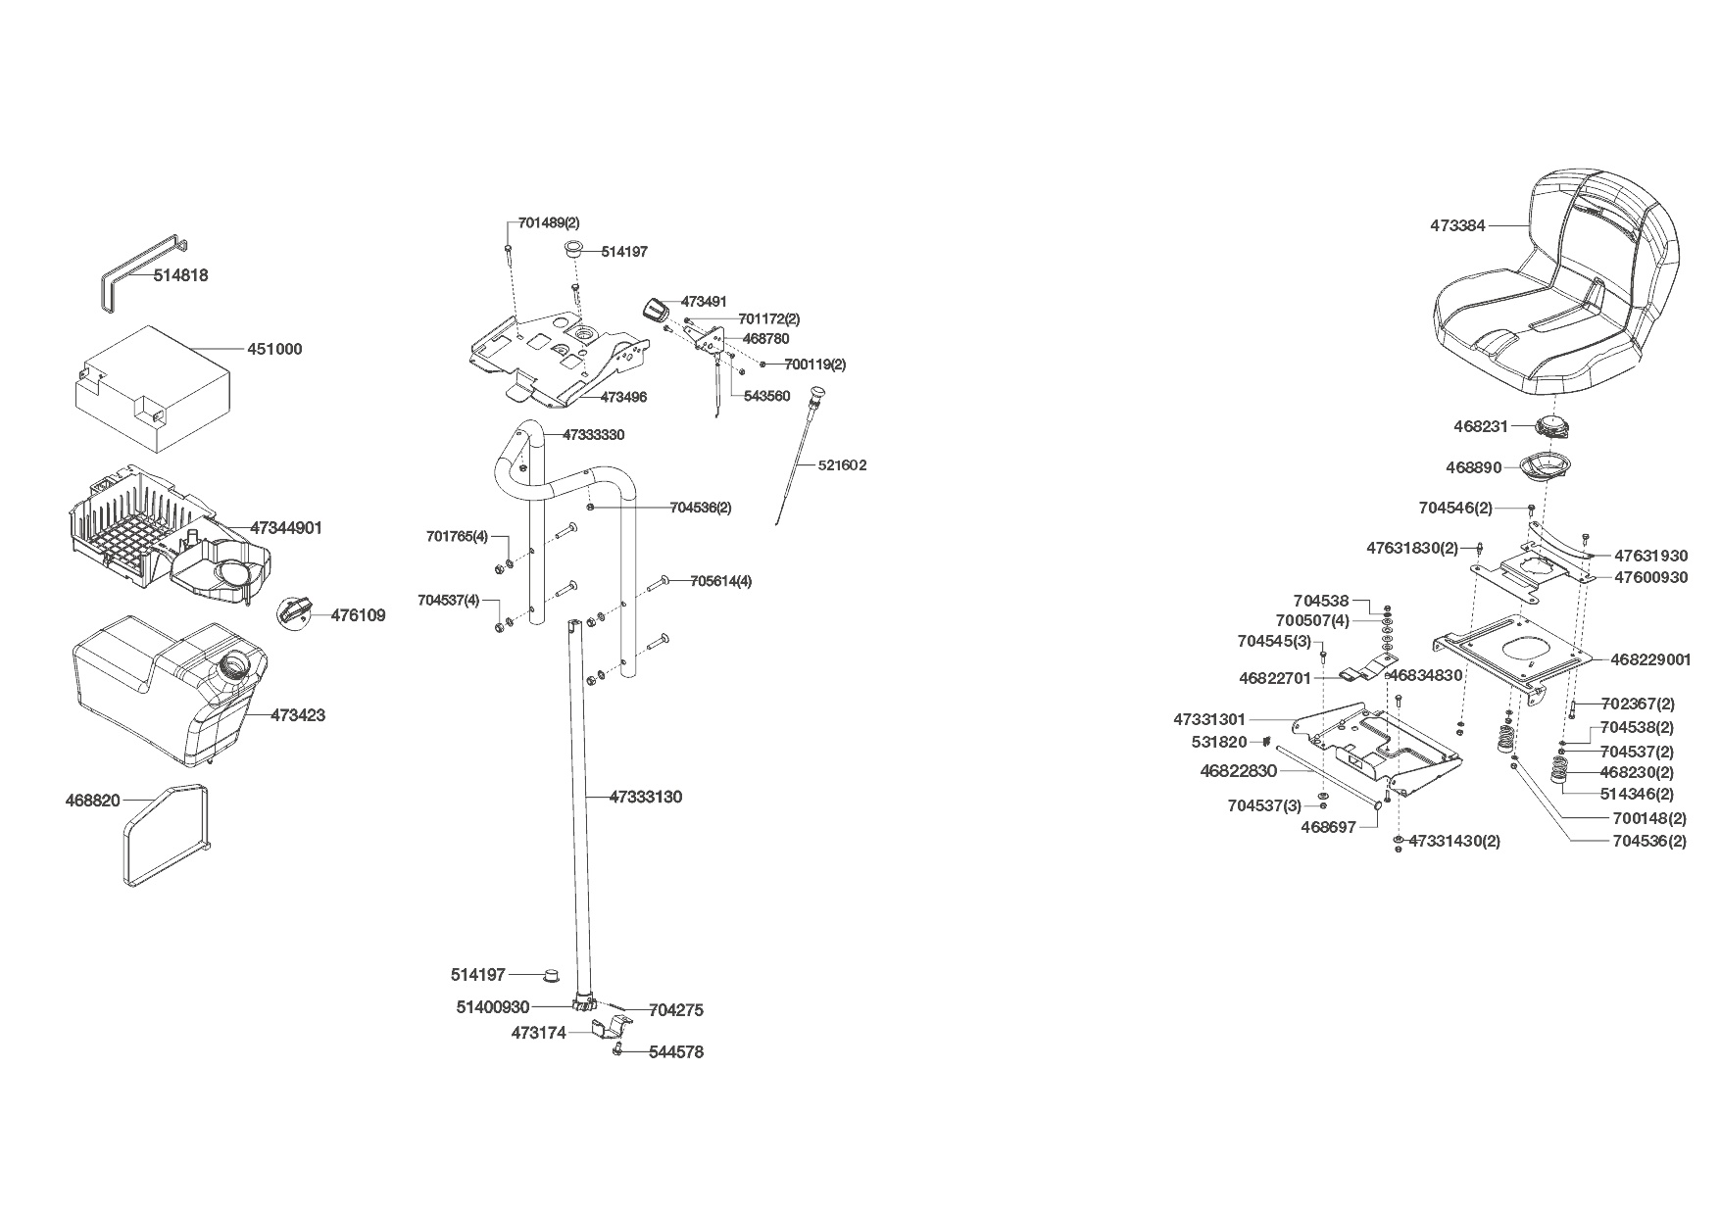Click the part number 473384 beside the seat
point(1457,225)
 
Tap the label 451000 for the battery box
point(274,349)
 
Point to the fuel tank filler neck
point(238,667)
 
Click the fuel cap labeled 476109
point(295,613)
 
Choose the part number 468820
point(92,801)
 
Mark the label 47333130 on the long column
point(646,797)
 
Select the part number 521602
point(842,465)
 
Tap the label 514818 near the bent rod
point(180,275)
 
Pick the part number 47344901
point(286,528)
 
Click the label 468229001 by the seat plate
point(1651,659)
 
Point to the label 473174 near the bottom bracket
point(538,1033)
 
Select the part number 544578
point(676,1052)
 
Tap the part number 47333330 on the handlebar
point(593,434)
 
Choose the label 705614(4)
point(721,580)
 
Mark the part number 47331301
point(1209,719)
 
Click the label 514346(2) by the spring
point(1637,794)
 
